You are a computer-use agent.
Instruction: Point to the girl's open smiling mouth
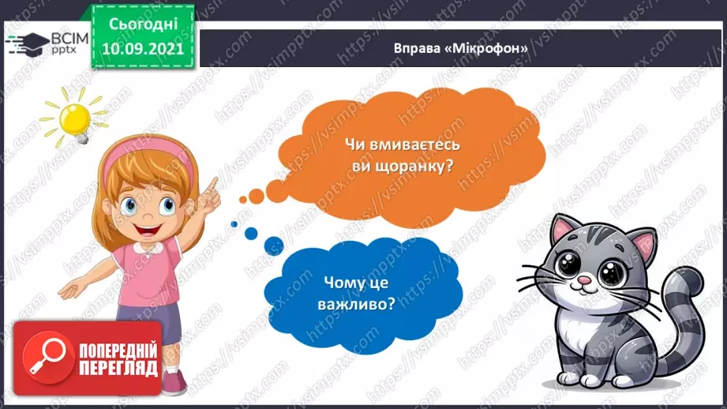point(148,232)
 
